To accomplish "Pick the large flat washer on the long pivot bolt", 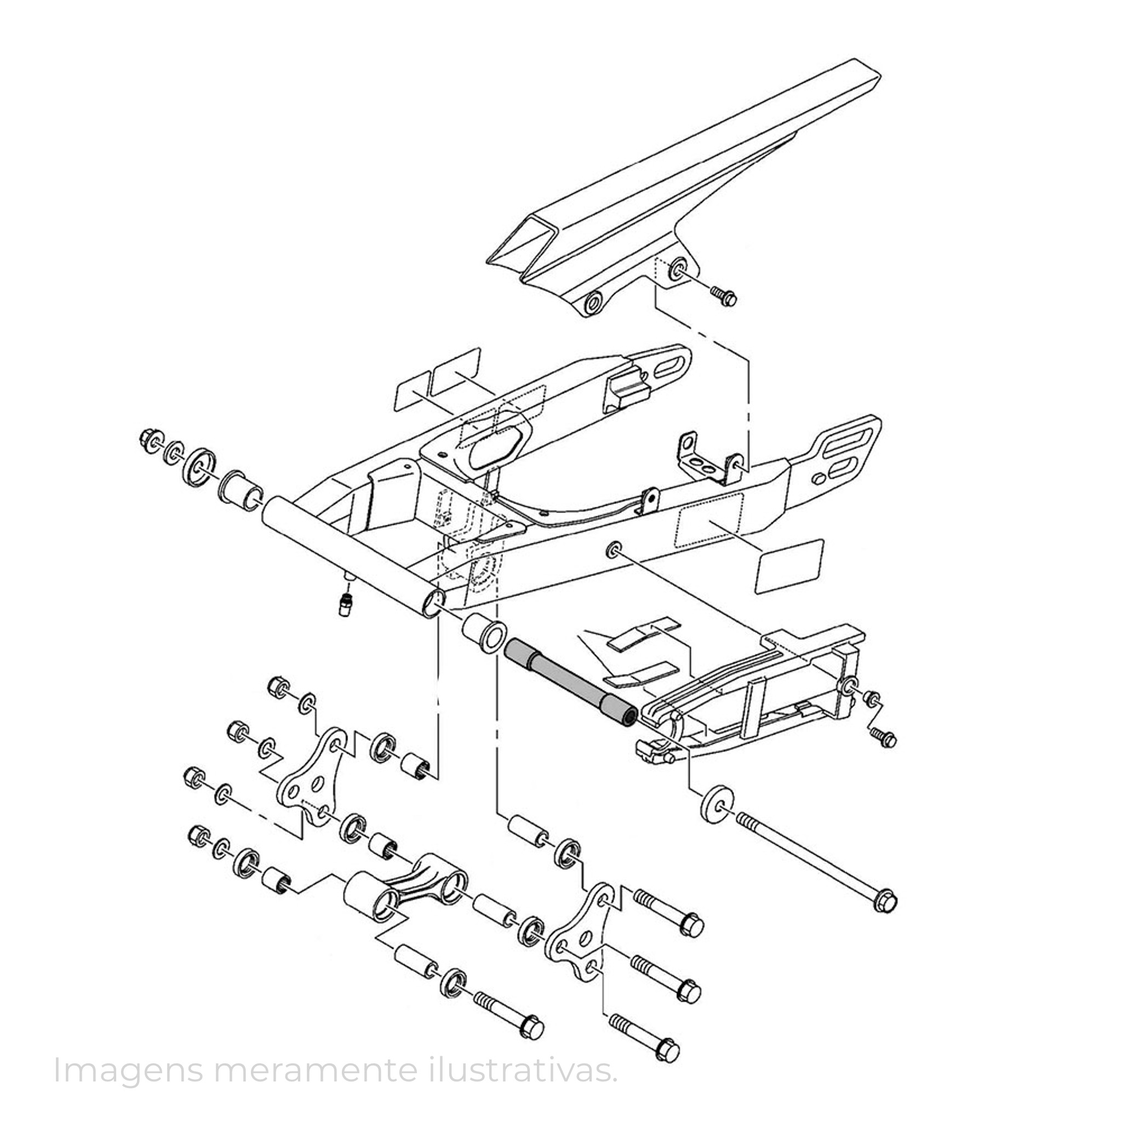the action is tap(719, 803).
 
